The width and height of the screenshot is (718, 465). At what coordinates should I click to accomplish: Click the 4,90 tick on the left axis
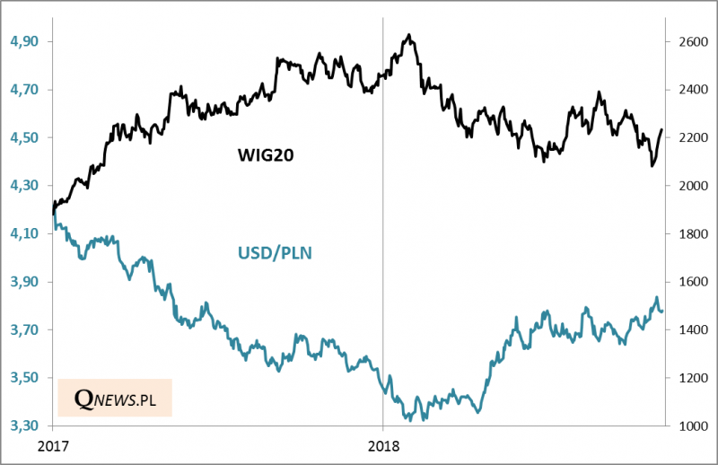(23, 41)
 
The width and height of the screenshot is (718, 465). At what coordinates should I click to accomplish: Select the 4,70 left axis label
(23, 90)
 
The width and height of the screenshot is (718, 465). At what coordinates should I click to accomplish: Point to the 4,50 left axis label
(23, 137)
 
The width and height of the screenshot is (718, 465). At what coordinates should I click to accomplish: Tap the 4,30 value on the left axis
(23, 186)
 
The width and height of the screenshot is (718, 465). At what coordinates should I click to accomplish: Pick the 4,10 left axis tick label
(23, 233)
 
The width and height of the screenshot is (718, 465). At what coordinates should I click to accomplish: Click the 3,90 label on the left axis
(23, 282)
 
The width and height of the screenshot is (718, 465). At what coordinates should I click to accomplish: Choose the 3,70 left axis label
(23, 329)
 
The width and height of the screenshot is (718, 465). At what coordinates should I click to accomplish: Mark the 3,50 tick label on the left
(23, 378)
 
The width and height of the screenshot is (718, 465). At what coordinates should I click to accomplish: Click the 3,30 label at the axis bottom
(23, 426)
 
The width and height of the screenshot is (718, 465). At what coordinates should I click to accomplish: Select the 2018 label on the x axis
(383, 445)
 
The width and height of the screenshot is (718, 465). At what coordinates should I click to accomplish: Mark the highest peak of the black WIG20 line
(409, 35)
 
